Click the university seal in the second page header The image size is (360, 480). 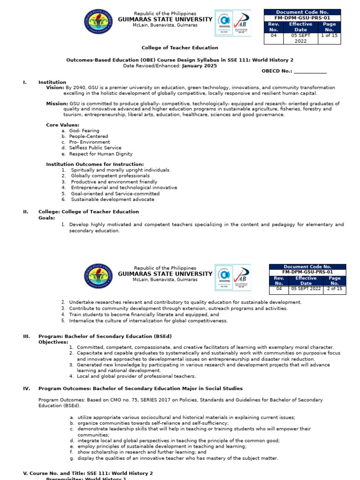tap(98, 277)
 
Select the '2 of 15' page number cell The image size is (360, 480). tap(334, 289)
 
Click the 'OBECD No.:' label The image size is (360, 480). tap(277, 72)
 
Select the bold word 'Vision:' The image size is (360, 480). tap(55, 88)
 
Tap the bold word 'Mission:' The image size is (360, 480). tap(57, 104)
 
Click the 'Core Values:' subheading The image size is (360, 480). tap(62, 125)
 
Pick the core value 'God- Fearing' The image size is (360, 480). tap(84, 131)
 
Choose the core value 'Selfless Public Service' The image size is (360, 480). tap(95, 148)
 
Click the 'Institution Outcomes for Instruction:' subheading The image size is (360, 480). tap(95, 165)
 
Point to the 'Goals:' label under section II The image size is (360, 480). tap(46, 218)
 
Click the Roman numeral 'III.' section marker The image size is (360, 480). tap(26, 336)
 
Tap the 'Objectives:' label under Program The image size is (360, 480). tap(53, 342)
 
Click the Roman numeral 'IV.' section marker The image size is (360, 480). tap(26, 389)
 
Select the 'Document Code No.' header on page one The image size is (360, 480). tap(302, 12)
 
